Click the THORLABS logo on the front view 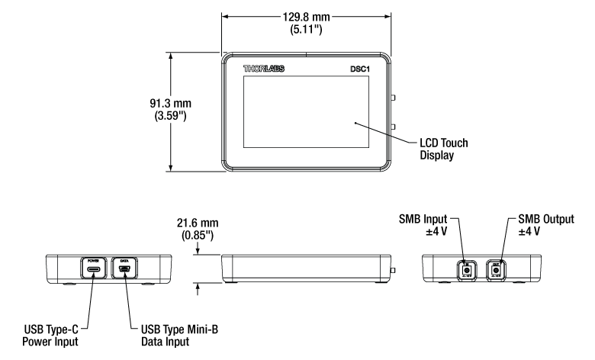coord(265,69)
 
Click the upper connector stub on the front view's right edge coord(393,98)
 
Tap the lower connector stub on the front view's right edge coord(393,127)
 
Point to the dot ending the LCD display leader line coord(354,122)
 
